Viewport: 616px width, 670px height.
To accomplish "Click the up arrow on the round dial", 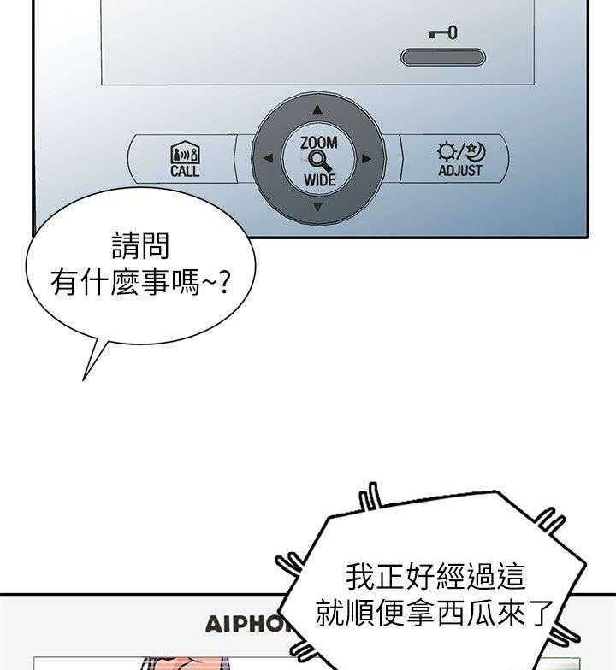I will point(317,109).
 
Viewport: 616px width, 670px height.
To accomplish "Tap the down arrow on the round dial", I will point(317,207).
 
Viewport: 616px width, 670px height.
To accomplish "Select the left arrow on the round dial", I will point(268,158).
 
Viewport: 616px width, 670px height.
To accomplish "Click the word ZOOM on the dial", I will point(318,142).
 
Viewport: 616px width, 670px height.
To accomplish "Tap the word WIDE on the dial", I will point(319,180).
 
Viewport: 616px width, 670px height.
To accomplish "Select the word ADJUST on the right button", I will point(460,171).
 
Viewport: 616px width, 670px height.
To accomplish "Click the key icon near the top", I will point(442,34).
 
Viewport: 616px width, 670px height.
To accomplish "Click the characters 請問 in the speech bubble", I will point(141,247).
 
